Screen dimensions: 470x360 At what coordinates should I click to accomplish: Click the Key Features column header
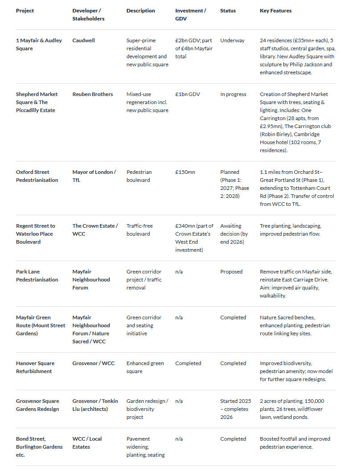[x=275, y=11]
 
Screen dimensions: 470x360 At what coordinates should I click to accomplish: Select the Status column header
[x=228, y=11]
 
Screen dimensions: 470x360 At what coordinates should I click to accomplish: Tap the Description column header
[x=141, y=11]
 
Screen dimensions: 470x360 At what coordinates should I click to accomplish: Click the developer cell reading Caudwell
[x=84, y=40]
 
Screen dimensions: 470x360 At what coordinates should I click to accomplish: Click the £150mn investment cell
[x=185, y=172]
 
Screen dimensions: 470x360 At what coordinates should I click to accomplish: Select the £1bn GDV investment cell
[x=187, y=94]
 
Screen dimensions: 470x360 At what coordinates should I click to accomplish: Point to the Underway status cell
[x=232, y=40]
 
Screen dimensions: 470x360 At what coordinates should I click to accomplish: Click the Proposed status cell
[x=231, y=272]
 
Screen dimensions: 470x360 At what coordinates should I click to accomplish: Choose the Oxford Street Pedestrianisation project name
[x=37, y=176]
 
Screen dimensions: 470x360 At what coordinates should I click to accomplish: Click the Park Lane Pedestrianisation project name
[x=37, y=276]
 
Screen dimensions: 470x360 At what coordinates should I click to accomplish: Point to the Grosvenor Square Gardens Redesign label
[x=37, y=405]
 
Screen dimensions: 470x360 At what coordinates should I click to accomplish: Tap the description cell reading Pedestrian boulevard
[x=139, y=176]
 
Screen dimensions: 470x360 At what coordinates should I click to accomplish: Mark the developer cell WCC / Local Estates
[x=87, y=443]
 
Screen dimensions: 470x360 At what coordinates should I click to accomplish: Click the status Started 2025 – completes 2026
[x=235, y=409]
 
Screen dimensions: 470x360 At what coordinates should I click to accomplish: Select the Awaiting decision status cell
[x=234, y=234]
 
